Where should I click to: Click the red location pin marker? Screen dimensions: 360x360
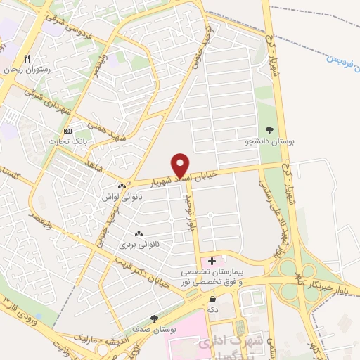(181, 165)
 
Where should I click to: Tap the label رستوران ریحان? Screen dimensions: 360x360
(25, 71)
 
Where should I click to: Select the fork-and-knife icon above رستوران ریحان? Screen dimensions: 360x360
(27, 59)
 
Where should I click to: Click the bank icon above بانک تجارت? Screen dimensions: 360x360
(67, 131)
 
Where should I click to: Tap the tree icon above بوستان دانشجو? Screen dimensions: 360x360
(270, 129)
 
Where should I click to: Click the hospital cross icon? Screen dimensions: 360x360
(212, 262)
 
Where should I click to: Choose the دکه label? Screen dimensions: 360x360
(210, 310)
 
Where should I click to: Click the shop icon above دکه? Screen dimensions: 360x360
(212, 299)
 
